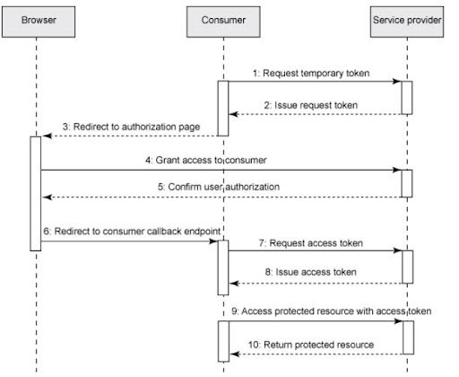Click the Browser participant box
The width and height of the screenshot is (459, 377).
tap(36, 19)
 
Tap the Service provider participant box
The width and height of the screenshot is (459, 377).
tap(406, 19)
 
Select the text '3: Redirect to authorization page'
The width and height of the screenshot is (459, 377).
tap(124, 126)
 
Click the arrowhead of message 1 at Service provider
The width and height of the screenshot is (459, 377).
tap(397, 81)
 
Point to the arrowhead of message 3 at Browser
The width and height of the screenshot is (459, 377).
tap(44, 136)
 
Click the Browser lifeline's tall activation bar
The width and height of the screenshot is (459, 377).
tap(36, 193)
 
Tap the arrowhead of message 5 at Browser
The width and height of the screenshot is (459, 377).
tap(44, 196)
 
